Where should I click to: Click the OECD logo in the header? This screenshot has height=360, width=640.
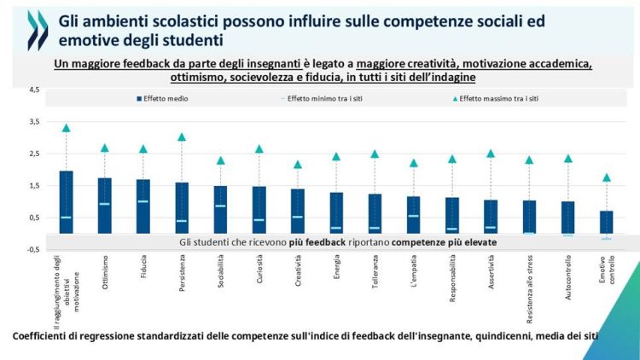coord(38,31)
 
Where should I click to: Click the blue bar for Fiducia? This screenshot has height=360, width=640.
coord(143,206)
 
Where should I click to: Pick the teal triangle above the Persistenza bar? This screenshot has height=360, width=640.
coord(182,136)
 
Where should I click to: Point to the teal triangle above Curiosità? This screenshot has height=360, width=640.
coord(259,149)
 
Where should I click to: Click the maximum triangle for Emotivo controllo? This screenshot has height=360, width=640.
coord(607,177)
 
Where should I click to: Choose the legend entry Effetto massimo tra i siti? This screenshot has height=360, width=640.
coord(499,99)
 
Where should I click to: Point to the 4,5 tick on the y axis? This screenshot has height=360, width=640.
coord(33,90)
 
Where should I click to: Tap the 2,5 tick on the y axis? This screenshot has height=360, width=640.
coord(33,154)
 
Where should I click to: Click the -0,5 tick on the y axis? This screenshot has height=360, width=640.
coord(32,249)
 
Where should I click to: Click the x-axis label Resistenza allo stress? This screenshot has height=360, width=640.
coord(530,290)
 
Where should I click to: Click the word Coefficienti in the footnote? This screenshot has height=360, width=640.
coord(41,336)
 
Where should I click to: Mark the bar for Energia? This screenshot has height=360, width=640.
coord(336,212)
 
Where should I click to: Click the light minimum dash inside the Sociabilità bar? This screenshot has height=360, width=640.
coord(220,206)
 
